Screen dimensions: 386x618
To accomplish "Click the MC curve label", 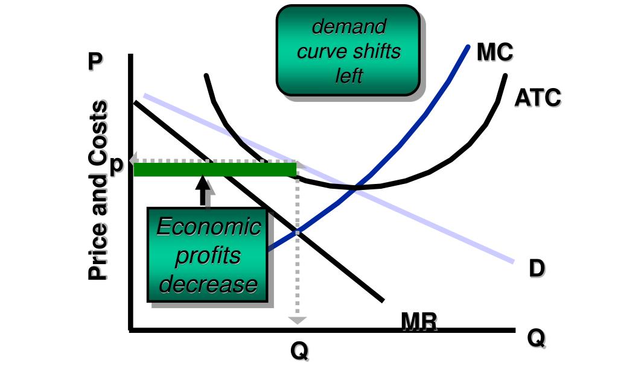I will [494, 52].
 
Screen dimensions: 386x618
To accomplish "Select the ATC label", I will [537, 97].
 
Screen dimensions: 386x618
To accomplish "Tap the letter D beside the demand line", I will [537, 268].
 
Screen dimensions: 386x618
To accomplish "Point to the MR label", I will [419, 322].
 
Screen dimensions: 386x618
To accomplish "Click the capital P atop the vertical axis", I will [95, 62].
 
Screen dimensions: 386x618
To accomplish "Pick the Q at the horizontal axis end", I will [535, 338].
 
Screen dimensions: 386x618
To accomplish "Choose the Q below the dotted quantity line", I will [299, 350].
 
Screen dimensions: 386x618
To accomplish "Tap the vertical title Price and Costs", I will [98, 191].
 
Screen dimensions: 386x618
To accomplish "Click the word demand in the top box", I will [348, 27].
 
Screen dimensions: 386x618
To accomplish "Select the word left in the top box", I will [348, 76].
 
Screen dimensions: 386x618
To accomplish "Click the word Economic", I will [208, 227].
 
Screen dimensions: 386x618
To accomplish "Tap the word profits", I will [207, 256].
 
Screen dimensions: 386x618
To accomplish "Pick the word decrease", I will [208, 283].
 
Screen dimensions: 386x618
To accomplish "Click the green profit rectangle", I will [214, 169].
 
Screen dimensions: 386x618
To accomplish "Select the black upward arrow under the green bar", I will [203, 190].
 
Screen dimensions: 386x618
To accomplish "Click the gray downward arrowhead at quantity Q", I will [297, 320].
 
